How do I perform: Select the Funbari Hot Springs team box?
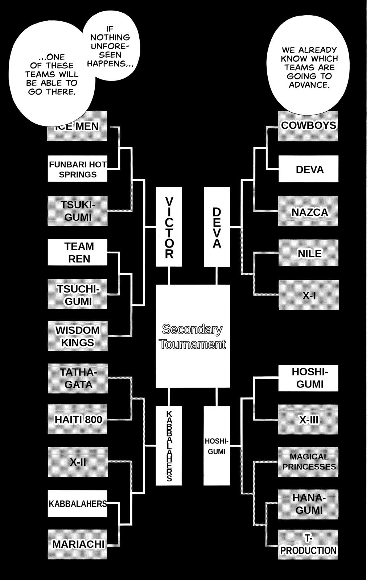point(78,169)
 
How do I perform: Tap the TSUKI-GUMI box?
point(78,211)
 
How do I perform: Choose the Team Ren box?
point(78,252)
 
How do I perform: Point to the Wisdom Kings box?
point(78,336)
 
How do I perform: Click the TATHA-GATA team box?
point(78,378)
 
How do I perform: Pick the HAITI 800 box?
point(78,419)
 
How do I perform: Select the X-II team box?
point(78,462)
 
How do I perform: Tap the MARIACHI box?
point(78,544)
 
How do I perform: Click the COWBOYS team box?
point(308,126)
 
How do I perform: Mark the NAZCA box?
point(308,211)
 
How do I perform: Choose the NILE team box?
point(308,253)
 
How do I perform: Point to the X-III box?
point(308,419)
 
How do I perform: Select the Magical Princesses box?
point(308,462)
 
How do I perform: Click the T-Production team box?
point(308,544)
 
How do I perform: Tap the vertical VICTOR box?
point(169,227)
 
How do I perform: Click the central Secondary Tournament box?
point(193,336)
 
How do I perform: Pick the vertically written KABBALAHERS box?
point(169,446)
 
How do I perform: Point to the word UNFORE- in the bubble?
point(110,46)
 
